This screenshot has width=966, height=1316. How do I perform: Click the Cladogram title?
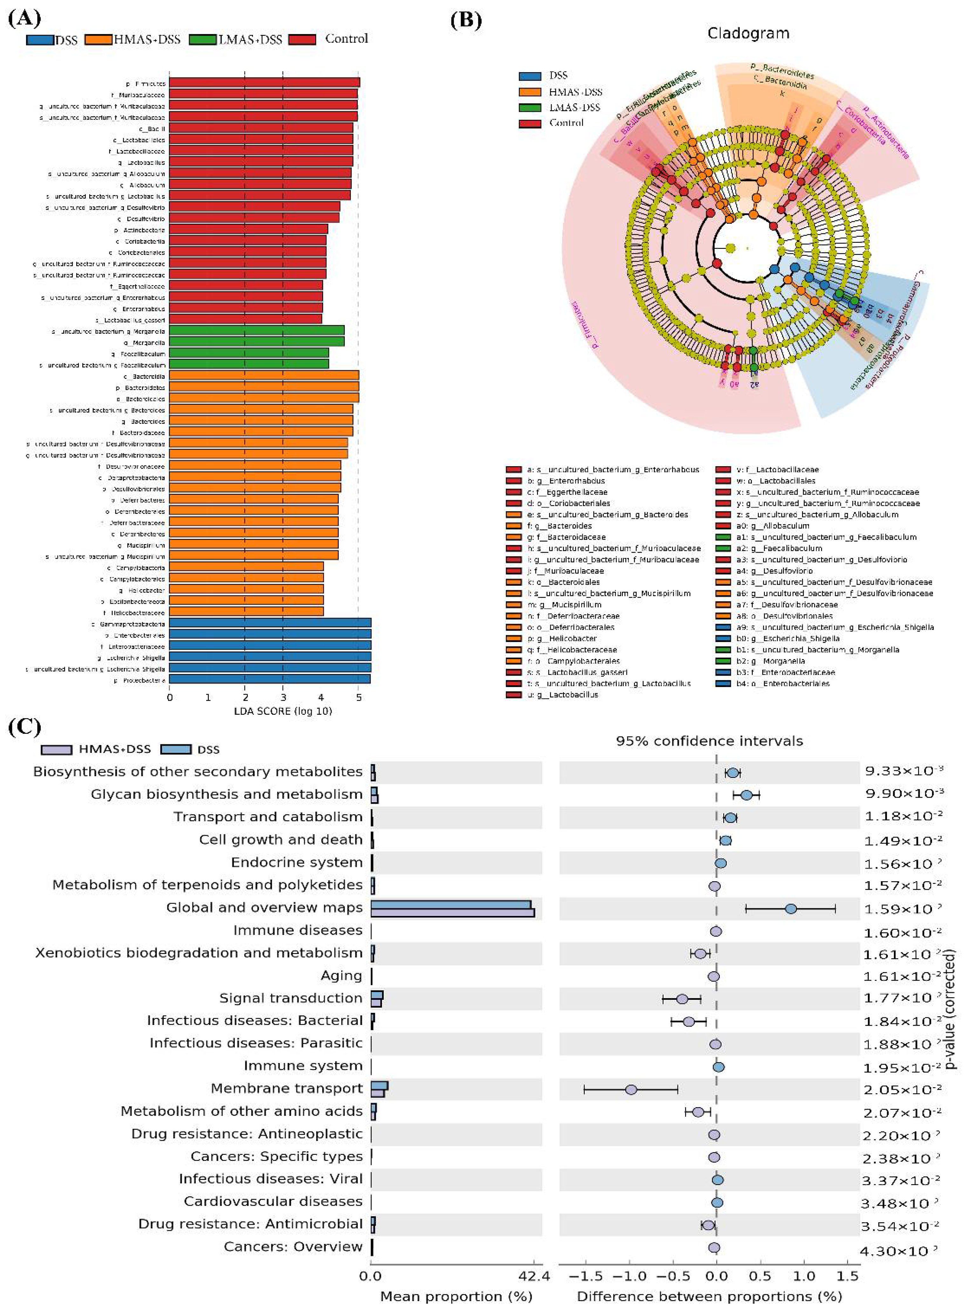[x=748, y=33]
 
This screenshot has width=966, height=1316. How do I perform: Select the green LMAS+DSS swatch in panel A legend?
[x=203, y=40]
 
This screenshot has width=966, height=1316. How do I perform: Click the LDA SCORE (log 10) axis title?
[x=283, y=711]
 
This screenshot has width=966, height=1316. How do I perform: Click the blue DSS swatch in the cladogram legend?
[x=530, y=76]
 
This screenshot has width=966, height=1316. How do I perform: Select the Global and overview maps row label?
[x=264, y=907]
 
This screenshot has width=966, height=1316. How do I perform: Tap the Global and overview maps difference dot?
[x=791, y=908]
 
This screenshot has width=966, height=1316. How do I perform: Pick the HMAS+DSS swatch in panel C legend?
[x=57, y=749]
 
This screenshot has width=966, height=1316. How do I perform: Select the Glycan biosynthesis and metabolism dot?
[x=746, y=795]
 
